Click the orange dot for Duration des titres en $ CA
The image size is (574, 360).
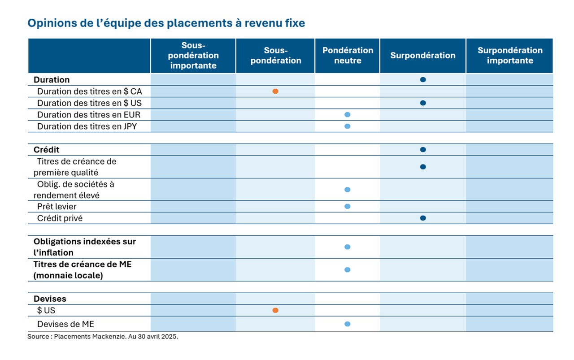click(275, 91)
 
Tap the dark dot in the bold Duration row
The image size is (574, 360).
click(423, 80)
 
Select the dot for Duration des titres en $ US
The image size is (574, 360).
click(423, 103)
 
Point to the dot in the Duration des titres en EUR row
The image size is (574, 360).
click(347, 114)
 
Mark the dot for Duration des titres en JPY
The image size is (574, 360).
click(347, 126)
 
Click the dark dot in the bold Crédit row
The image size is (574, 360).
click(423, 150)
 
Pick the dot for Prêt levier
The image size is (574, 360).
click(347, 206)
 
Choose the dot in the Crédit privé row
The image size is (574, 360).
click(423, 218)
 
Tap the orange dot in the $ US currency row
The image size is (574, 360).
click(275, 310)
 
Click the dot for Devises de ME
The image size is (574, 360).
click(347, 324)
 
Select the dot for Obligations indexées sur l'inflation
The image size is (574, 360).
click(347, 247)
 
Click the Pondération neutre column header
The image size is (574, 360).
click(348, 55)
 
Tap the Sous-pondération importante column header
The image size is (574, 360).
click(193, 55)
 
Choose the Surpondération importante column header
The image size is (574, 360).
click(510, 55)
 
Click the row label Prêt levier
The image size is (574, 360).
click(57, 207)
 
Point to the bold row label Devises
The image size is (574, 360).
click(50, 299)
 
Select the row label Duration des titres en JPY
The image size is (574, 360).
click(87, 126)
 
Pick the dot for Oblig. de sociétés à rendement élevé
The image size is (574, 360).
click(347, 190)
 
